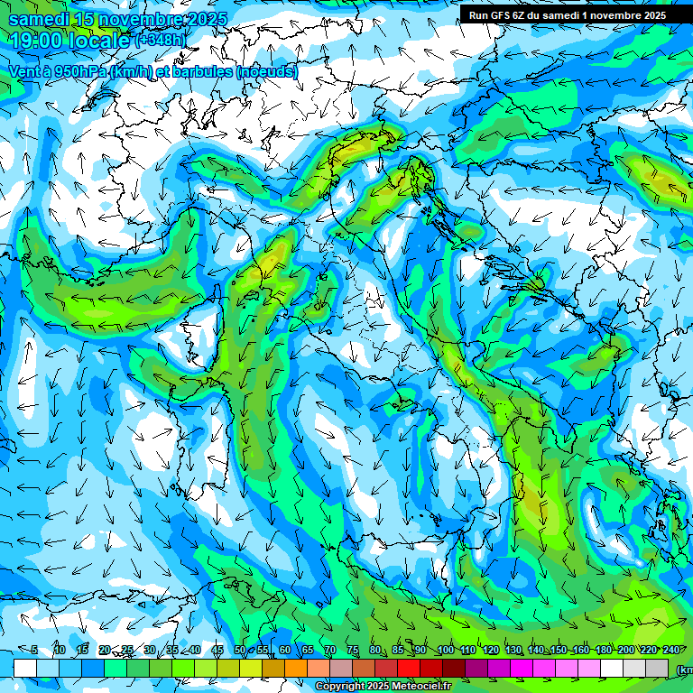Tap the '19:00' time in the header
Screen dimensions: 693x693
click(x=37, y=40)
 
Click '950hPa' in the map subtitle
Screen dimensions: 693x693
click(x=78, y=71)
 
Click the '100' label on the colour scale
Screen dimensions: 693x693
click(x=446, y=651)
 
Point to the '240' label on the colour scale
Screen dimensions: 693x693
click(x=671, y=651)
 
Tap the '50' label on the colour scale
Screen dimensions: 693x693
click(x=240, y=651)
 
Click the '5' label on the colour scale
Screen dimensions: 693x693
click(x=34, y=651)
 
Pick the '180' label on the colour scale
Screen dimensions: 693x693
click(x=604, y=651)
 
